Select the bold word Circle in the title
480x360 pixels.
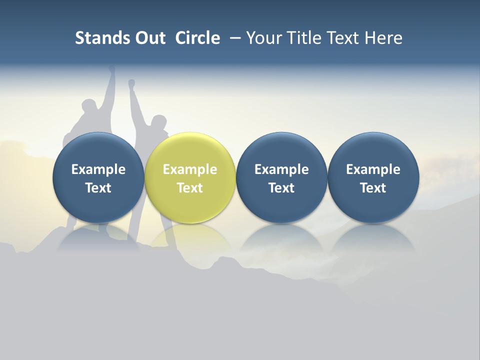pyautogui.click(x=197, y=38)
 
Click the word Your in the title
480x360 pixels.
pyautogui.click(x=262, y=38)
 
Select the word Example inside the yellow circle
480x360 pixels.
pyautogui.click(x=190, y=169)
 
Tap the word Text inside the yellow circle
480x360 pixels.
pyautogui.click(x=190, y=188)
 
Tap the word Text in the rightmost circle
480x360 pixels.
pyautogui.click(x=373, y=188)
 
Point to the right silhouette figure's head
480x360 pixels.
pyautogui.click(x=158, y=122)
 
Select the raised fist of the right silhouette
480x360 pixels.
pyautogui.click(x=131, y=83)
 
